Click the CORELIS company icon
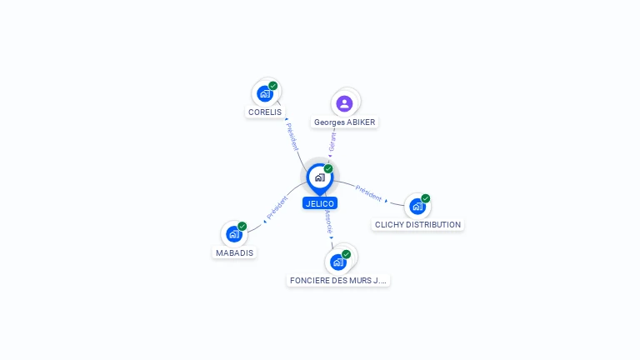click(265, 93)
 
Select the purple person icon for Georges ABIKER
click(344, 103)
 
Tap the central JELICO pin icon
click(319, 177)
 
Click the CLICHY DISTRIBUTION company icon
click(417, 206)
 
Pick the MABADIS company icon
click(233, 234)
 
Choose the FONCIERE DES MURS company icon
click(337, 262)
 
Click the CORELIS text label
click(265, 112)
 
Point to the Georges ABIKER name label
click(344, 122)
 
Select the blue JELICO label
click(320, 203)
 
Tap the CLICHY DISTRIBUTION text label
click(417, 225)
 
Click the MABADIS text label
click(234, 252)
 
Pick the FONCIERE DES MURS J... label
click(338, 281)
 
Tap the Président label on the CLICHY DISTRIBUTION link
click(368, 192)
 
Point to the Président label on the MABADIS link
click(277, 208)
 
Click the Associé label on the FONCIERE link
click(330, 221)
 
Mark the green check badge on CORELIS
click(273, 86)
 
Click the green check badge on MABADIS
click(242, 227)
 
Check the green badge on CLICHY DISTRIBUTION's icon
click(425, 198)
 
